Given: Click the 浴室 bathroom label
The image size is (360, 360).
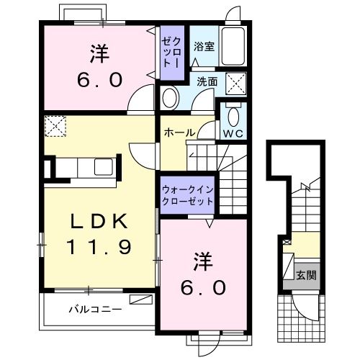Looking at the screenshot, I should [204, 47].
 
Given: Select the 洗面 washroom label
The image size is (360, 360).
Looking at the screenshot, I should [207, 82].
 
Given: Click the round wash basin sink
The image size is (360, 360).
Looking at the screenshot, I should [171, 97].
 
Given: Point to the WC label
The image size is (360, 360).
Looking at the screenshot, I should [233, 133].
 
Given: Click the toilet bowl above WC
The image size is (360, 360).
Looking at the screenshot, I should [233, 115].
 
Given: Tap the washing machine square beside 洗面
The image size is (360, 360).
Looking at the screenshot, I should [235, 84].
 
